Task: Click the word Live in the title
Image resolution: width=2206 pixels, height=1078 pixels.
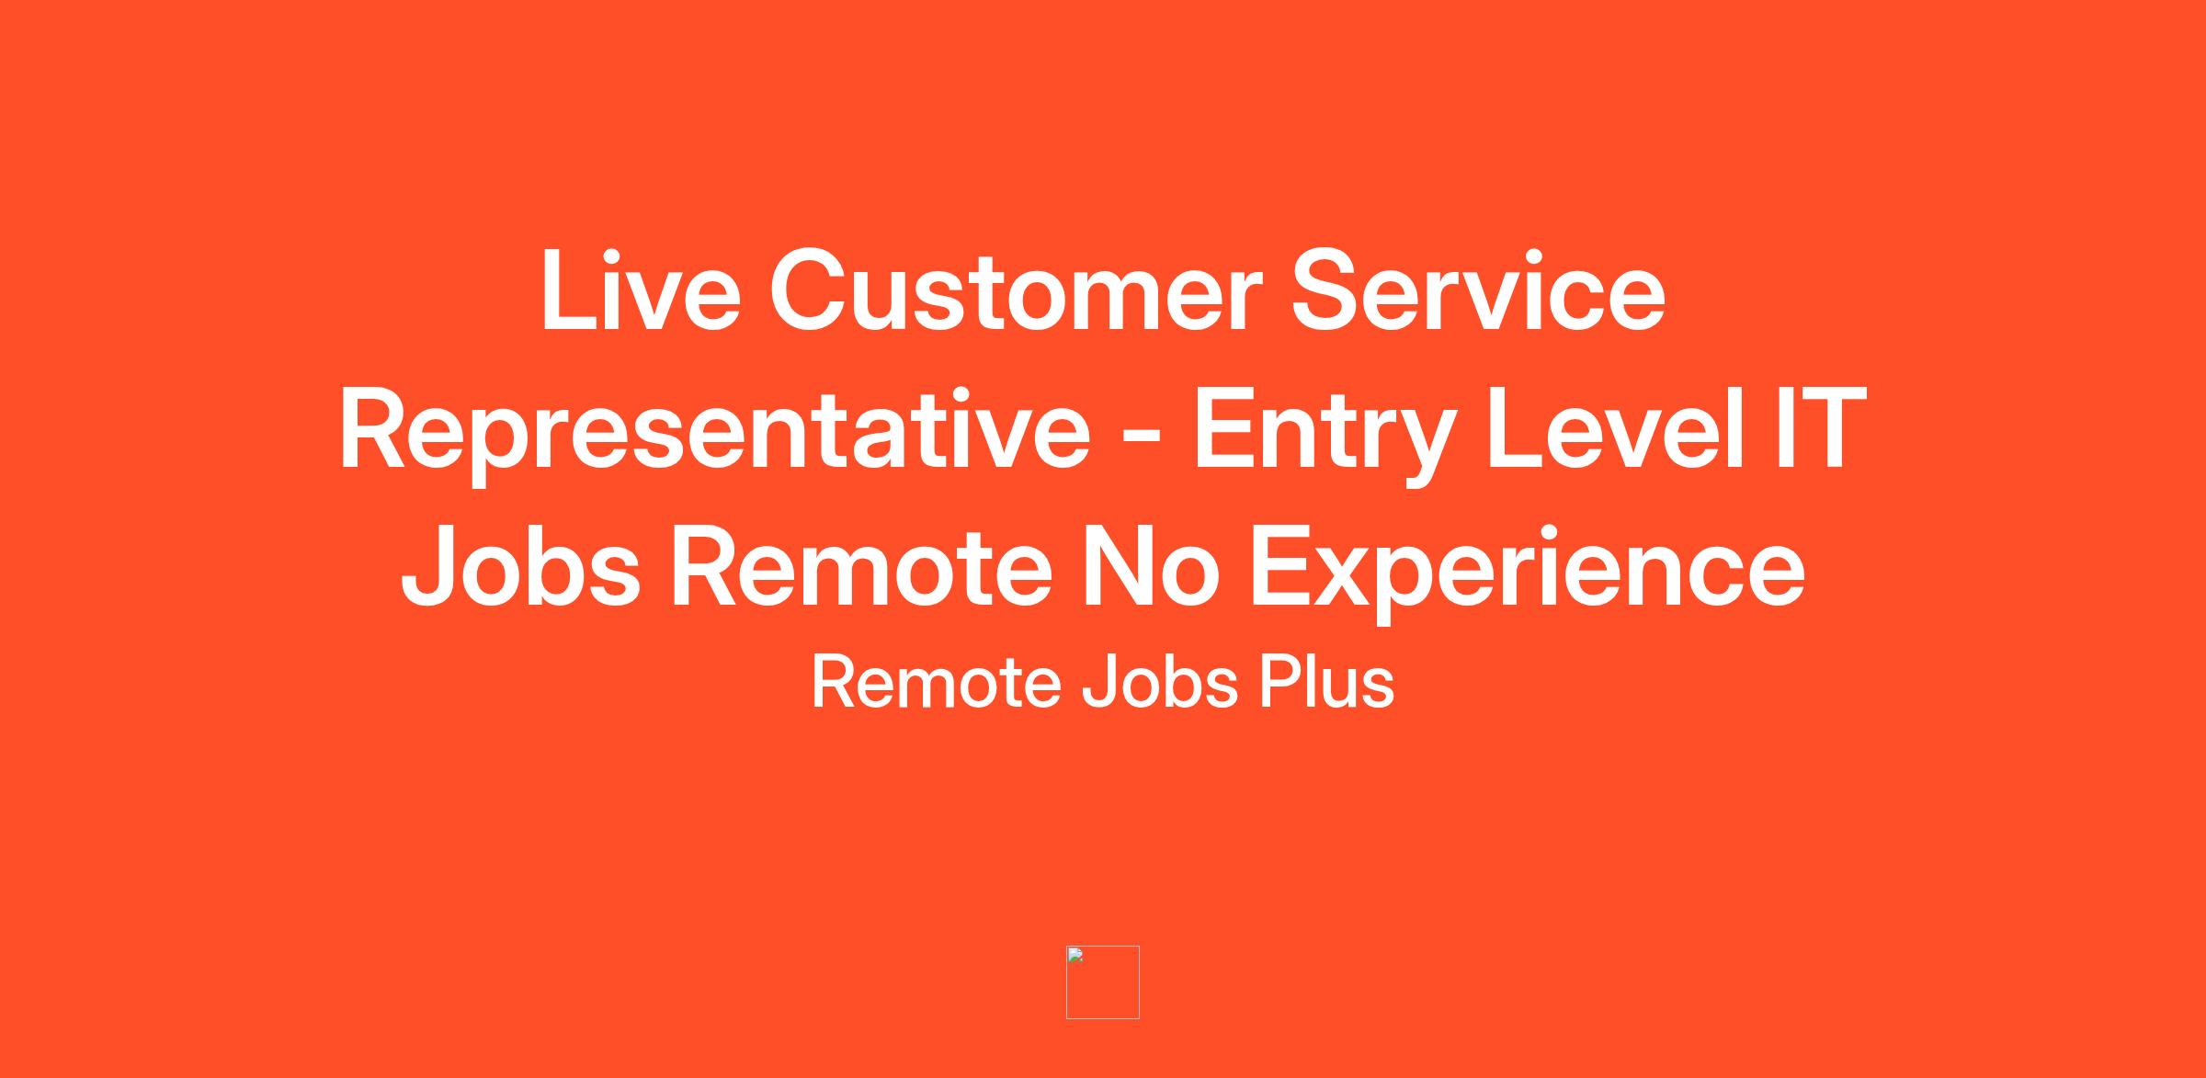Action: pyautogui.click(x=641, y=290)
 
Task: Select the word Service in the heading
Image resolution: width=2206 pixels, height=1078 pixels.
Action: pyautogui.click(x=1478, y=290)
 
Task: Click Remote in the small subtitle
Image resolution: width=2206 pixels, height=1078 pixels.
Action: pyautogui.click(x=936, y=682)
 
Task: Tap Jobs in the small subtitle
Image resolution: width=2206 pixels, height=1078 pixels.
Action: pyautogui.click(x=1160, y=682)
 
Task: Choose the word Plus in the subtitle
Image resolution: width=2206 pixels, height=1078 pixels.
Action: pyautogui.click(x=1326, y=682)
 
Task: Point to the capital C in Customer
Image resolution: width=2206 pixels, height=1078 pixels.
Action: pyautogui.click(x=811, y=290)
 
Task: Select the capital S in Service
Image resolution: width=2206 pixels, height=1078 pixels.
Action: pyautogui.click(x=1327, y=290)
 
